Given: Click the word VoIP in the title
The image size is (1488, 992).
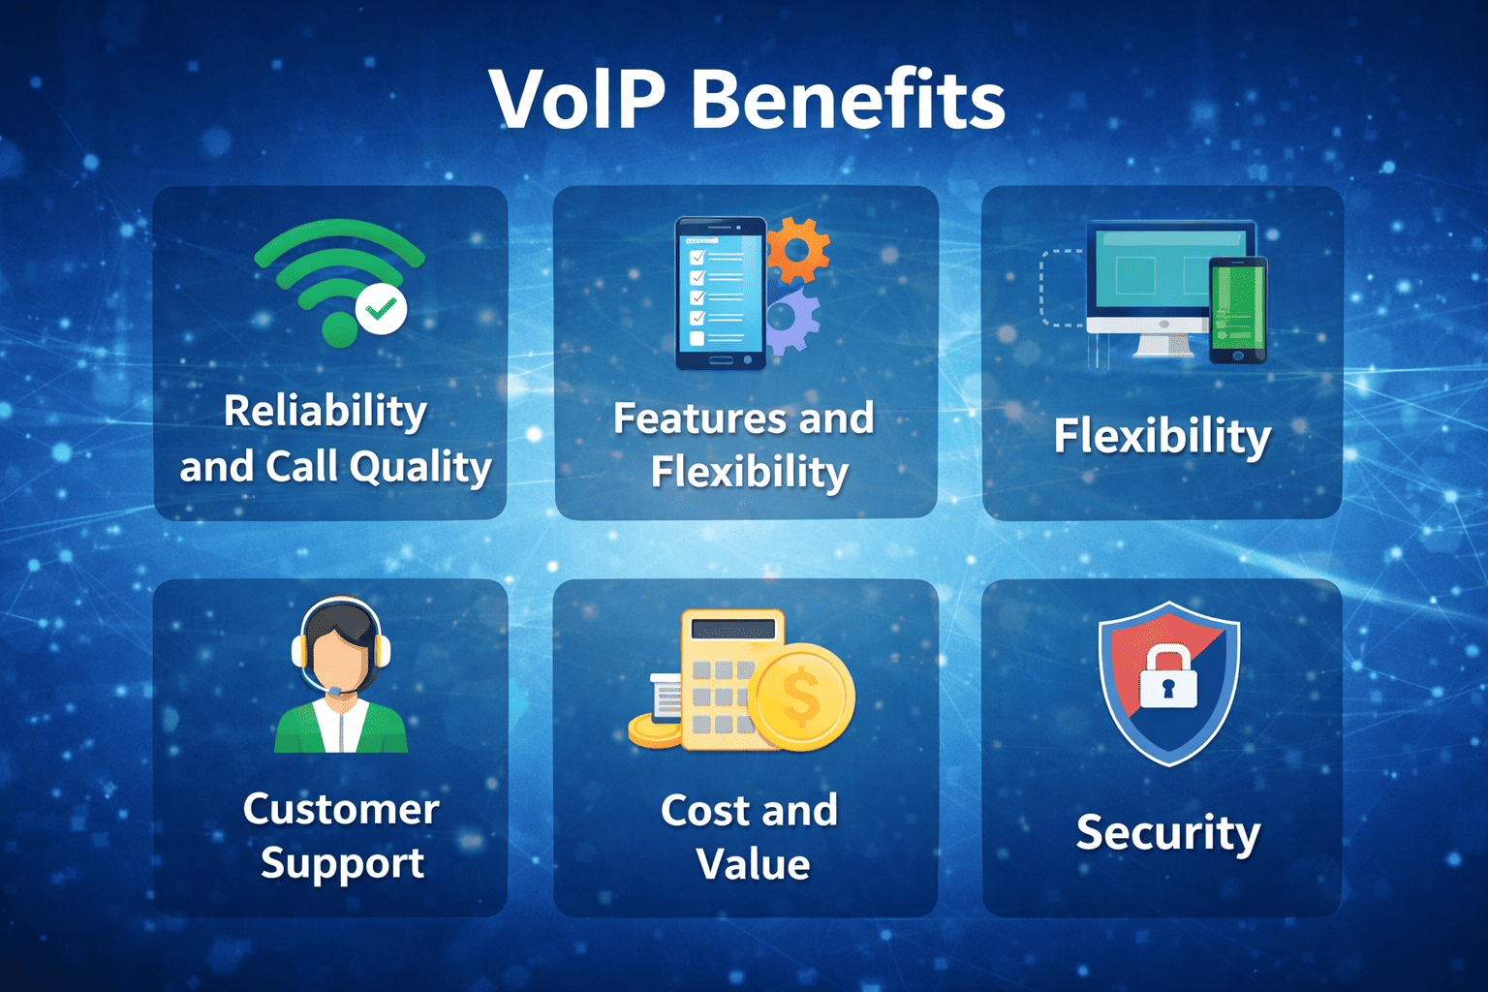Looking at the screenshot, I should tap(577, 100).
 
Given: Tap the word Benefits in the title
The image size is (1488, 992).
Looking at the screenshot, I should tap(849, 100).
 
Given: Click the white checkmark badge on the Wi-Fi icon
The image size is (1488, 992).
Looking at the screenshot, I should tap(382, 309).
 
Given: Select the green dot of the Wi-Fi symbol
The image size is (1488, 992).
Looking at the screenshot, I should tap(339, 328).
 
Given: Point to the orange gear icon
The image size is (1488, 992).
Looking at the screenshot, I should tap(798, 250).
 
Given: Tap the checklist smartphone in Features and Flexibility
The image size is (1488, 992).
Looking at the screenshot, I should tap(720, 293).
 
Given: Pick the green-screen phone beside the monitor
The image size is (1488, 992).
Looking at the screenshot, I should tap(1239, 309).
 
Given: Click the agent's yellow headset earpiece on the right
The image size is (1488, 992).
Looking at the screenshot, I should tap(381, 650).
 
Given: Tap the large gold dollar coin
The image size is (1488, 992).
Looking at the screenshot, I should tap(801, 697).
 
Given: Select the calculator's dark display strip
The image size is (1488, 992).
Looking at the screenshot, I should tap(732, 630).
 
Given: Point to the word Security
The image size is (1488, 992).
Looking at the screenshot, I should tap(1168, 832).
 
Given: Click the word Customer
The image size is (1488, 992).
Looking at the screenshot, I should tap(341, 809).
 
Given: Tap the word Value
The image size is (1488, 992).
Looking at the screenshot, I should tap(753, 864).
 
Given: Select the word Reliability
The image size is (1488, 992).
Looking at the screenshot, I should tap(325, 411).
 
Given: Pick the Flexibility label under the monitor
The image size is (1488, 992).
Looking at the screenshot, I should tap(1162, 436).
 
